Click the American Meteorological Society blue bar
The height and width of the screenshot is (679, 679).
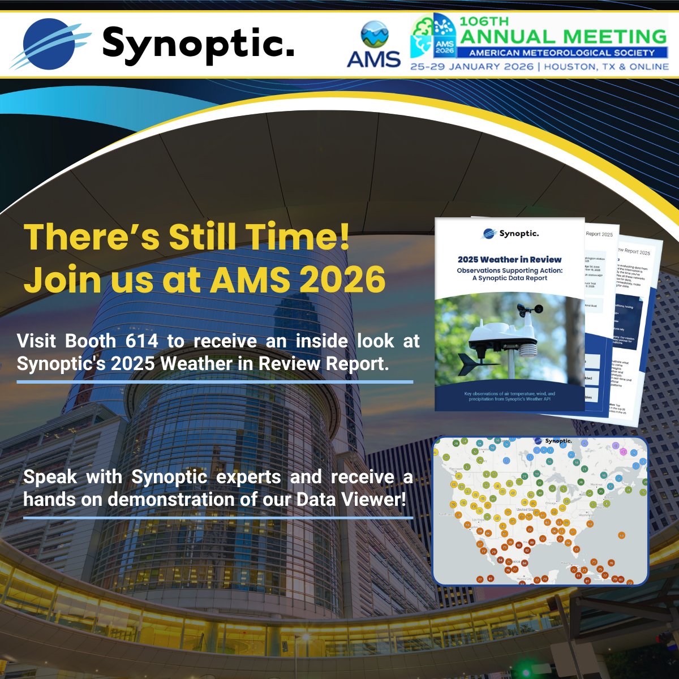point(561,53)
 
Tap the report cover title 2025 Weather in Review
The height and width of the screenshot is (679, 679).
point(510,260)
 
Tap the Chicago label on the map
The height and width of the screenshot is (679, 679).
point(552,502)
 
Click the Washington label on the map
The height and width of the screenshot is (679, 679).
point(586,515)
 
